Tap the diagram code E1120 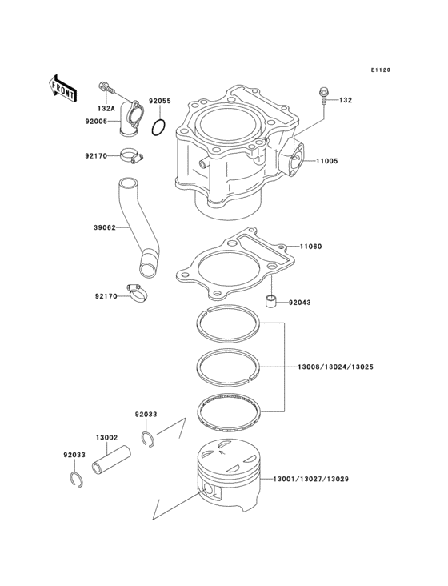coord(380,70)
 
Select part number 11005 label coord(326,161)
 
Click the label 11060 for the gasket coord(311,247)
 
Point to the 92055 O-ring coord(161,126)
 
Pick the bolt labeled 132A coord(105,86)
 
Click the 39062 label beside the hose coord(105,227)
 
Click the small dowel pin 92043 coord(272,302)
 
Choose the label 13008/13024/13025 coord(334,367)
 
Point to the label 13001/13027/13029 coord(310,479)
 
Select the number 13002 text coord(107,438)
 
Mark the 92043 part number coord(300,303)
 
